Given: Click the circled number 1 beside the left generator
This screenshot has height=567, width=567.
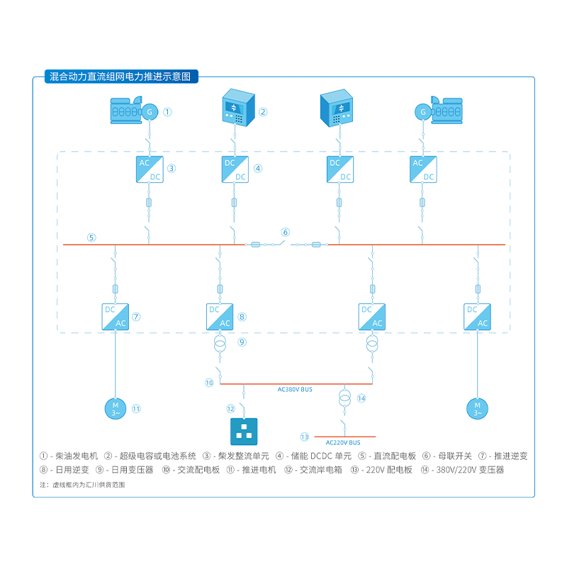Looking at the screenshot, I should [x=168, y=112].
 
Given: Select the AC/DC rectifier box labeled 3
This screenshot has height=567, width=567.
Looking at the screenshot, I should [x=149, y=169].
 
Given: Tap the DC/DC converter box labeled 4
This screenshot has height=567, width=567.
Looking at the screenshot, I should [x=235, y=169].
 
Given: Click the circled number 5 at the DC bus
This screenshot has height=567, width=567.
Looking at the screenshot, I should [x=91, y=237].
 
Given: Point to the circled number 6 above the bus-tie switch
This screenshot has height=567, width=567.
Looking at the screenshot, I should [x=286, y=232].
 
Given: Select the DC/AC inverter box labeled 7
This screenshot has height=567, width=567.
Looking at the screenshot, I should [x=115, y=316].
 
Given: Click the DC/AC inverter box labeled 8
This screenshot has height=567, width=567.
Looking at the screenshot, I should [x=220, y=316].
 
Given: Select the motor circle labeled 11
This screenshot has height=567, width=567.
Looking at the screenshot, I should [x=115, y=408].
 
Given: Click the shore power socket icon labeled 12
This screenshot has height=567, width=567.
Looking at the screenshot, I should [x=245, y=429].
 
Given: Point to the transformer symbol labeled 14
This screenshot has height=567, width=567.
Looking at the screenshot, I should [x=344, y=398].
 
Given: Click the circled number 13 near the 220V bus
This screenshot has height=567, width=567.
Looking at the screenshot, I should [x=305, y=437].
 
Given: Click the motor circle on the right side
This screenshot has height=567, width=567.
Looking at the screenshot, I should [x=477, y=408].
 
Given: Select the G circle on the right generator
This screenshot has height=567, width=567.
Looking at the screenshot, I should [x=423, y=111].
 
